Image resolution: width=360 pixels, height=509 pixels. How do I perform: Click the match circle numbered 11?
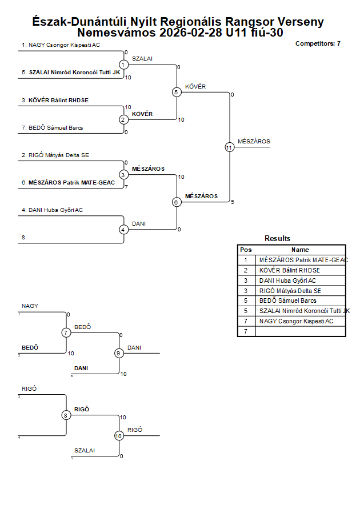[230, 147]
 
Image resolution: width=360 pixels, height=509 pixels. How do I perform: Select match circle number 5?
[176, 92]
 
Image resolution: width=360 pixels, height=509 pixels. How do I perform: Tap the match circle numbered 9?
[119, 353]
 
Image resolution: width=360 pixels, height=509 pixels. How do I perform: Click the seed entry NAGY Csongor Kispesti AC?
[61, 45]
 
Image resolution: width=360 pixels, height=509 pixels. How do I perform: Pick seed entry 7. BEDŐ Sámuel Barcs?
[53, 127]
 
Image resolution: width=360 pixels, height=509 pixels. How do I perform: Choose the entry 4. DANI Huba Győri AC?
[53, 210]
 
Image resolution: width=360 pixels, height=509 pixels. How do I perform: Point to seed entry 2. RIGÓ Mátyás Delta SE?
[55, 155]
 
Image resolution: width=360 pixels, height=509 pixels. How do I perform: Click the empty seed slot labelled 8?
[24, 237]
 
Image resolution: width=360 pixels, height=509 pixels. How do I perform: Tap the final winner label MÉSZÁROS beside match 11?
[254, 141]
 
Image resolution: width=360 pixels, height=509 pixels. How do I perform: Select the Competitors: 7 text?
[318, 43]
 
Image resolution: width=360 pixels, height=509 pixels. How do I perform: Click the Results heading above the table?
[277, 238]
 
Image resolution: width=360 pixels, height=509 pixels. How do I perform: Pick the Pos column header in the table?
[246, 250]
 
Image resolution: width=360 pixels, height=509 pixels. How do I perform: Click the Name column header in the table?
[300, 250]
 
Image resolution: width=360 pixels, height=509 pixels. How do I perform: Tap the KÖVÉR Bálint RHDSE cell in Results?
[289, 270]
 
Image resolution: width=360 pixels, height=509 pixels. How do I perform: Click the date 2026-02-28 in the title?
[191, 33]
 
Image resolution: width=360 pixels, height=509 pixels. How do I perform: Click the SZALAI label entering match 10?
[85, 450]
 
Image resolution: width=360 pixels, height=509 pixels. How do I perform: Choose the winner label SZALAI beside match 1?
[142, 59]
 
